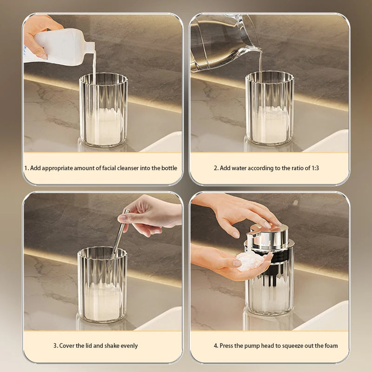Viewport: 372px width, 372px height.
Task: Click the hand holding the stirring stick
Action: coord(149,214)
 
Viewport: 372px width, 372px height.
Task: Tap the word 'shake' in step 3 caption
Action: coord(109,345)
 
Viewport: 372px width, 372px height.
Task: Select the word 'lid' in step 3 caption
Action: coord(91,345)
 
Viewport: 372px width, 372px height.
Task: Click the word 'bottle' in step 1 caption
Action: coord(168,168)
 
